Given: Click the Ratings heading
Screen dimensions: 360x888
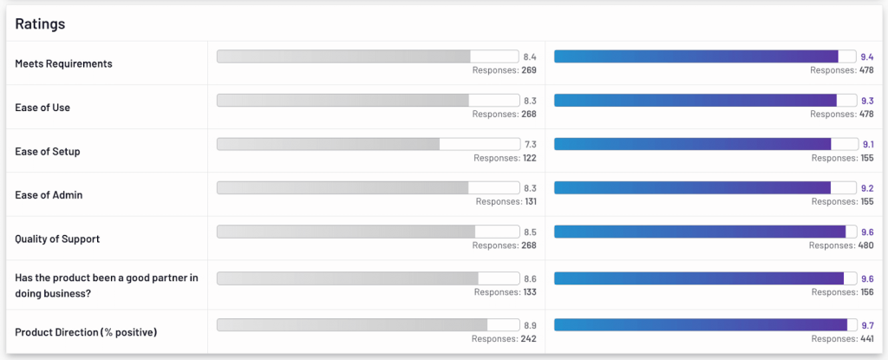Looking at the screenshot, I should [x=40, y=24].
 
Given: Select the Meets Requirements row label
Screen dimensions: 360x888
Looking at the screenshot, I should [x=63, y=63].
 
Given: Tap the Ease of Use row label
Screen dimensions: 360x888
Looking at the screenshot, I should [x=42, y=108].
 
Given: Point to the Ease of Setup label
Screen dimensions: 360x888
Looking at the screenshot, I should [x=47, y=152].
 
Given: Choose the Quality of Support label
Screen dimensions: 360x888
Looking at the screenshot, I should [x=57, y=239].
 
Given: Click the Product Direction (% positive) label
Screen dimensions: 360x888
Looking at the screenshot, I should [x=86, y=332].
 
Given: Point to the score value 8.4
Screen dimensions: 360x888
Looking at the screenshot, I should [x=530, y=56].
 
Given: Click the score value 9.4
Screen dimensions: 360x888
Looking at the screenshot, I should [x=867, y=56].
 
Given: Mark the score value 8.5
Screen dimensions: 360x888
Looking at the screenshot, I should [x=530, y=232].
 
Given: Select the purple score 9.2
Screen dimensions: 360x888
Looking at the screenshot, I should [x=867, y=187].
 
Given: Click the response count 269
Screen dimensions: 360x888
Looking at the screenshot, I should [x=528, y=70].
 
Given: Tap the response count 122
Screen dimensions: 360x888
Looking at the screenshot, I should [x=528, y=158].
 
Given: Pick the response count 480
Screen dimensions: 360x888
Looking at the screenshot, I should [x=865, y=245].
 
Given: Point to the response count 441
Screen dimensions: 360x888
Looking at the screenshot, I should [x=865, y=338].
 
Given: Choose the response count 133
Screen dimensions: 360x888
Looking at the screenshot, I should [x=528, y=292].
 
